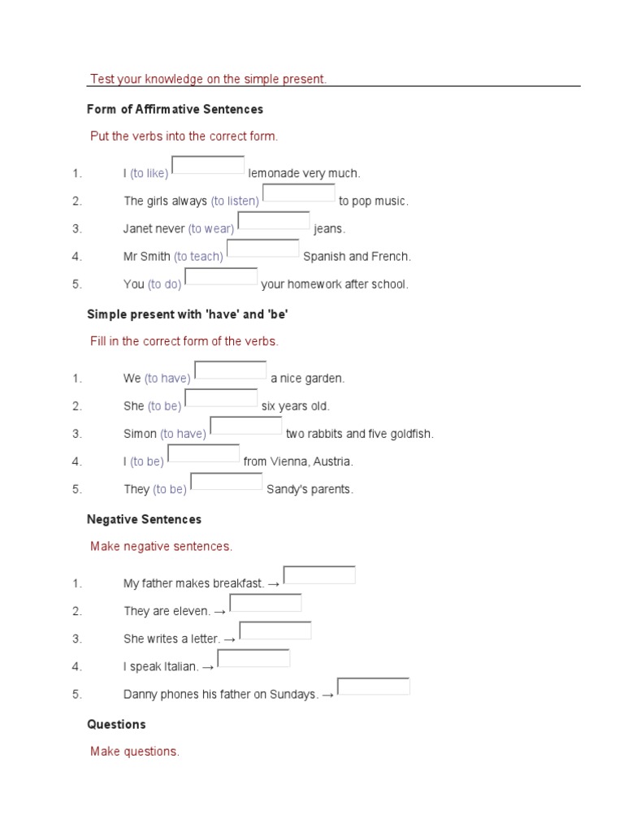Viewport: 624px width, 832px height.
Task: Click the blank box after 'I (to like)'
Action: click(208, 165)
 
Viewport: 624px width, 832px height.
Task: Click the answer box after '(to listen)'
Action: click(299, 193)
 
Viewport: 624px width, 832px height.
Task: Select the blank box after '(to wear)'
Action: click(274, 220)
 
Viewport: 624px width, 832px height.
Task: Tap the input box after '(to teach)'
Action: click(262, 248)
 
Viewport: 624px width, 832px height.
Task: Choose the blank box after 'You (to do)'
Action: click(221, 276)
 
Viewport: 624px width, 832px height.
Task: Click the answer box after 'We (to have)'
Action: click(231, 370)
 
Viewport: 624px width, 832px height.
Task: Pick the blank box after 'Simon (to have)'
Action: click(246, 425)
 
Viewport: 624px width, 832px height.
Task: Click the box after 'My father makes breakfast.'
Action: click(319, 574)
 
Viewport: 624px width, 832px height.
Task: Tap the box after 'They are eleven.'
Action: click(266, 602)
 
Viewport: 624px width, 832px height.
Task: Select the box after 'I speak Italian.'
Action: click(253, 658)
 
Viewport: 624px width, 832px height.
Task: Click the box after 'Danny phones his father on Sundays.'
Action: click(374, 686)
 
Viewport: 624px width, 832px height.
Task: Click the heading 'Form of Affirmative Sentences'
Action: click(175, 109)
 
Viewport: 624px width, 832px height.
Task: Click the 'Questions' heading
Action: click(116, 724)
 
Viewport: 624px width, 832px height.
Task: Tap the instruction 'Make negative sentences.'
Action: click(161, 546)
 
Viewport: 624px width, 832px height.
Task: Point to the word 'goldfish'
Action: click(412, 434)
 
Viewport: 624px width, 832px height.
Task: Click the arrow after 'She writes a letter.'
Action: click(230, 639)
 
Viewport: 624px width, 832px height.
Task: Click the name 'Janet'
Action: click(138, 228)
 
